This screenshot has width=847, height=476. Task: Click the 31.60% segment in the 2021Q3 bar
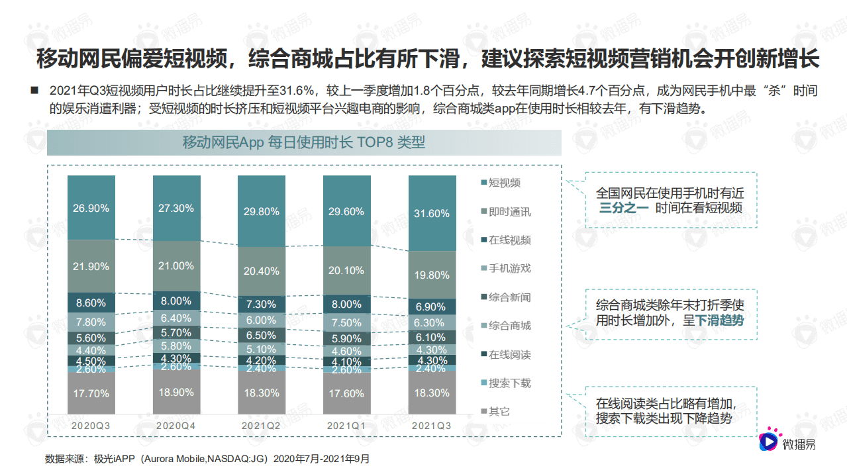(432, 213)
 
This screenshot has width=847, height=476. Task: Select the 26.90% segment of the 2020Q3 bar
(91, 208)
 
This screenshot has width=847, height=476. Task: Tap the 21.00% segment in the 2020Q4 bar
(176, 265)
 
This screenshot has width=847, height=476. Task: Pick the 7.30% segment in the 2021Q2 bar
(261, 305)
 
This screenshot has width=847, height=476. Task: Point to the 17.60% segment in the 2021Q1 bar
(346, 393)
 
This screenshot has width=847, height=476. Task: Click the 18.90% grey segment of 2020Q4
(176, 392)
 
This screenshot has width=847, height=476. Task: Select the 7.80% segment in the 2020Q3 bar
(91, 322)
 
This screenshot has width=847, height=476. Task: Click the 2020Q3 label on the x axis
(91, 426)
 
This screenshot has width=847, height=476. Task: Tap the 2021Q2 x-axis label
(261, 426)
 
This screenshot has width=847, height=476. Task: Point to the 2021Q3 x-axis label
(432, 426)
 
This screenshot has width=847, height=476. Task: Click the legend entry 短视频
(504, 183)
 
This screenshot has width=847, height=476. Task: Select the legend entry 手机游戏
(509, 269)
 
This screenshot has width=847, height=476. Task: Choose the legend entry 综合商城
(509, 326)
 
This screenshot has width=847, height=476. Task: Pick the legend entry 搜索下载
(509, 383)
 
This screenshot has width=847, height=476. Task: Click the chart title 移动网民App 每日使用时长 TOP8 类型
(304, 142)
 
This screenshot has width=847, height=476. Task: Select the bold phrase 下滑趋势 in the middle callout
(719, 320)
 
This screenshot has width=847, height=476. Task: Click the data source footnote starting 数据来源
(207, 458)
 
